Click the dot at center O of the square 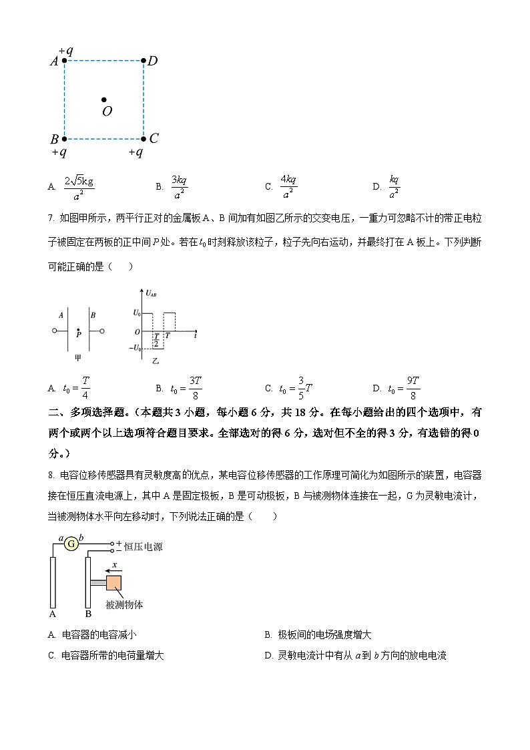tap(104, 100)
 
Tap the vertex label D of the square tap(152, 61)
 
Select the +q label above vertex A tap(65, 51)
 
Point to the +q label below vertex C tap(136, 152)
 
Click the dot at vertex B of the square tap(64, 139)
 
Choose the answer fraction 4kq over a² tap(288, 187)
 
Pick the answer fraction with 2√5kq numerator tap(79, 187)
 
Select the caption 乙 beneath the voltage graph tap(156, 361)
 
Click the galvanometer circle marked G tap(71, 544)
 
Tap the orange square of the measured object tap(113, 582)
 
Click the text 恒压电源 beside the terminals tap(143, 546)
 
